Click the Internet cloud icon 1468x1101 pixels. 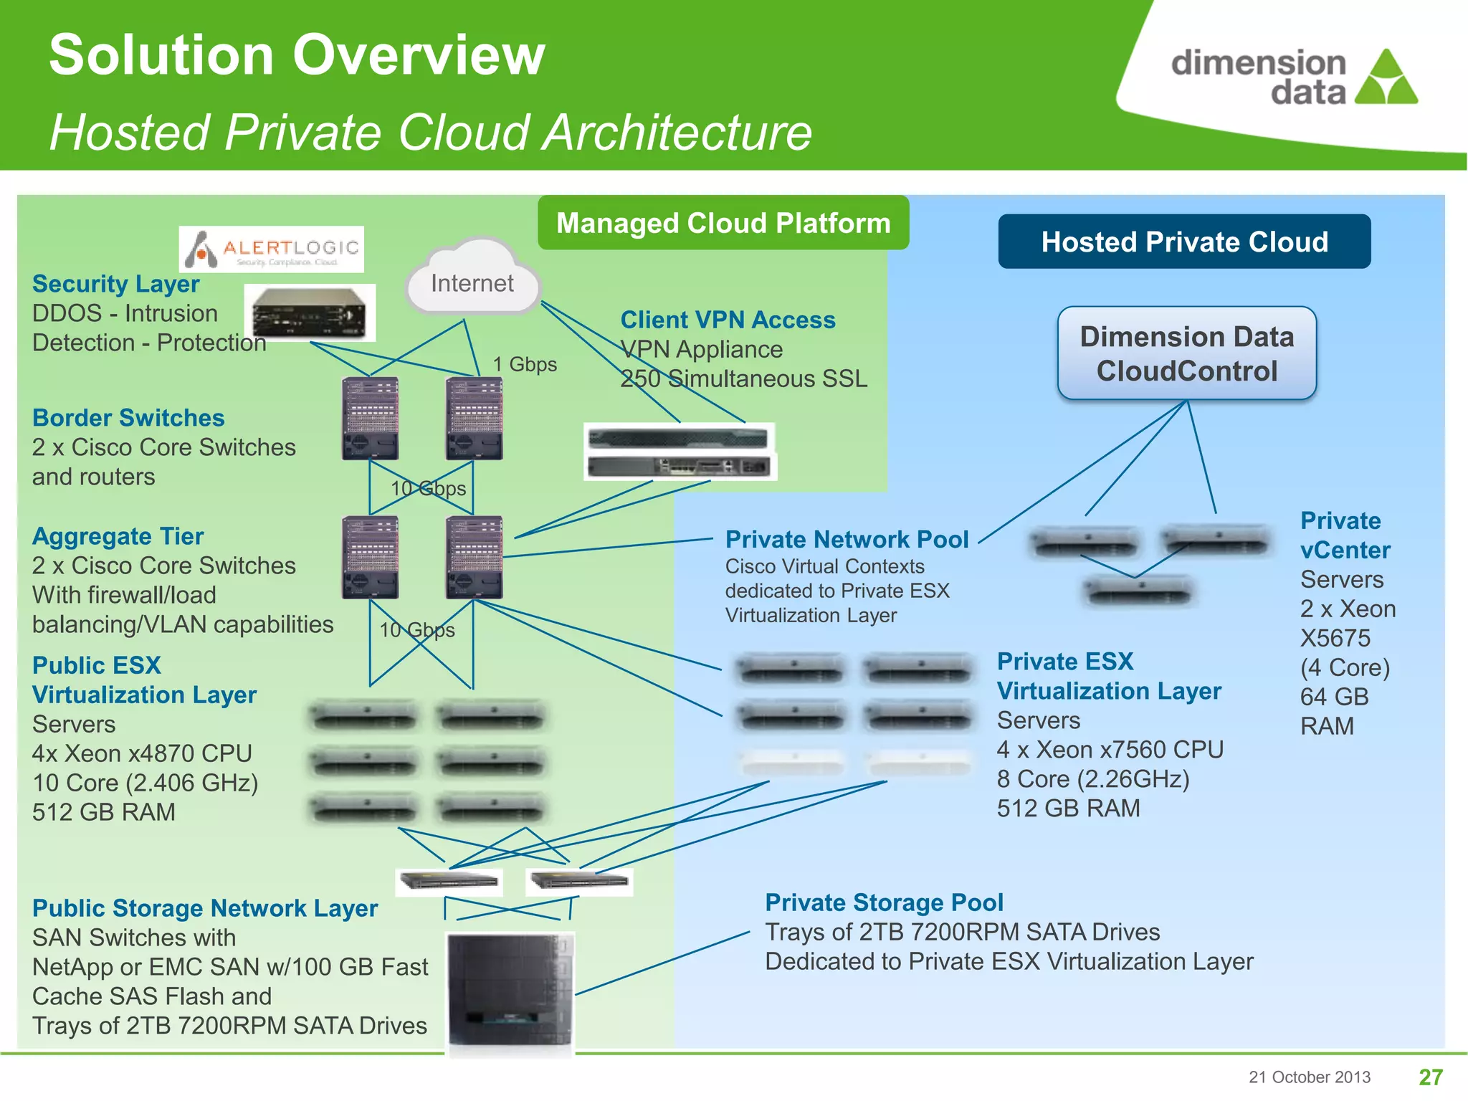coord(472,280)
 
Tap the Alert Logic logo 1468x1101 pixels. coord(272,249)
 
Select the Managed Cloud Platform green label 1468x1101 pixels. coord(723,223)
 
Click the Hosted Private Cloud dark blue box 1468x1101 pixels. coord(1184,242)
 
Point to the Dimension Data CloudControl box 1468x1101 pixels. coord(1187,353)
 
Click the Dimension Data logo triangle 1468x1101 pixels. coord(1386,79)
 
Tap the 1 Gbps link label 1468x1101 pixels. coord(525,364)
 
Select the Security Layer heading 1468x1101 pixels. coord(115,284)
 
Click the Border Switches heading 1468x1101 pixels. coord(128,418)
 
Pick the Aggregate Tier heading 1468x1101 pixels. coord(118,536)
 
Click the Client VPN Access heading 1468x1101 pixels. coord(728,320)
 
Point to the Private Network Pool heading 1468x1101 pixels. coord(847,539)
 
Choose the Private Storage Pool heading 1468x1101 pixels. coord(884,902)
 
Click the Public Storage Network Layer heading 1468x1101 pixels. coord(205,908)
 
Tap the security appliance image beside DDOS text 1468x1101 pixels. coord(310,313)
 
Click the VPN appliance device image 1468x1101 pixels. coord(680,452)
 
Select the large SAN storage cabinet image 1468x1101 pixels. coord(510,993)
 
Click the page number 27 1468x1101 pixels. coord(1431,1077)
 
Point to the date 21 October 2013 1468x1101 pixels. coord(1309,1077)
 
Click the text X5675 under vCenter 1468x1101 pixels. coord(1335,638)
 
